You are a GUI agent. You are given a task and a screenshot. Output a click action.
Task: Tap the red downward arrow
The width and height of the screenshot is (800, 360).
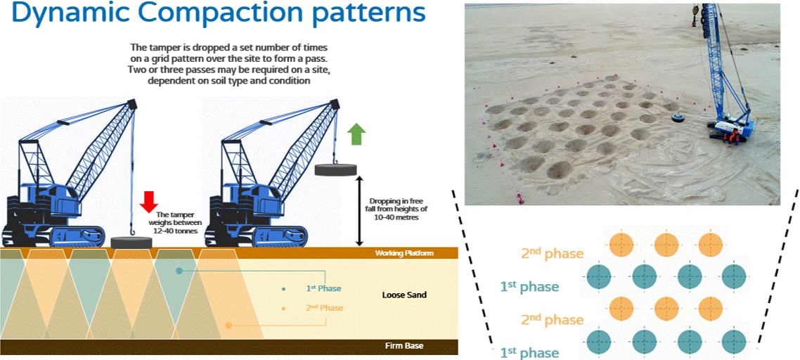pyautogui.click(x=148, y=200)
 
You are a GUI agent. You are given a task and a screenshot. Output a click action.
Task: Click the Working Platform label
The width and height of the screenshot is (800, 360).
pyautogui.click(x=404, y=252)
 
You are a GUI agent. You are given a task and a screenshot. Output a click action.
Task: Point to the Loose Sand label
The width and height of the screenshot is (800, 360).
pyautogui.click(x=403, y=295)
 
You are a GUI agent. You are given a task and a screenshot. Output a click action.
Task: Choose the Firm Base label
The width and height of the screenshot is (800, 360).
pyautogui.click(x=404, y=346)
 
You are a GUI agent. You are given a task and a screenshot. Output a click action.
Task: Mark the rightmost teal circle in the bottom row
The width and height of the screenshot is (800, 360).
pyautogui.click(x=733, y=342)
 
